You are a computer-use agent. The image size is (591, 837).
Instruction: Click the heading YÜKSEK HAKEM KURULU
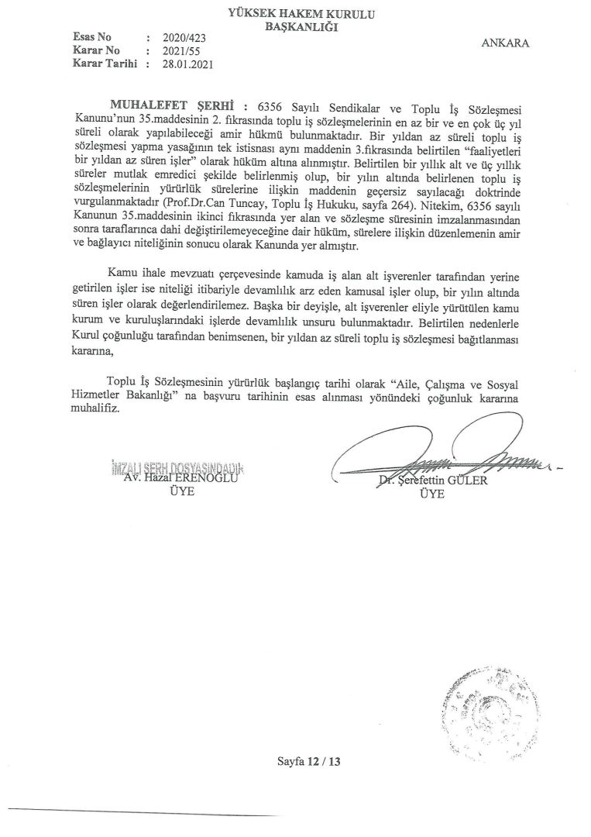click(296, 12)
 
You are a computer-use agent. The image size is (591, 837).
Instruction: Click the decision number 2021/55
click(180, 50)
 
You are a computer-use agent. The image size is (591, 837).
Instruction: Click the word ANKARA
click(505, 43)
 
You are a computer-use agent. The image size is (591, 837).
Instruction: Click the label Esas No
click(91, 37)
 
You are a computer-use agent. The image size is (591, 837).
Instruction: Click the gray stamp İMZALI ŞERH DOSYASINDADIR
click(177, 468)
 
